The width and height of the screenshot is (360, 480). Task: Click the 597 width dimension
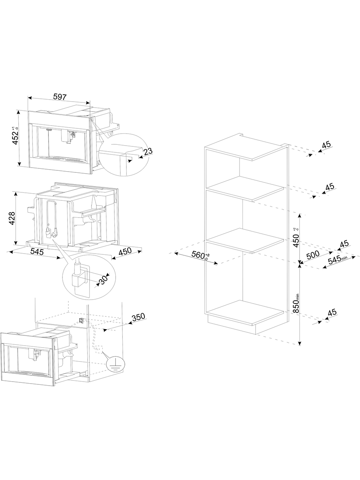[60, 97]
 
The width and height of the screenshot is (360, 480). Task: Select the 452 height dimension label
[16, 136]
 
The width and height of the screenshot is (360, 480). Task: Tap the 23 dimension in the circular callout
[148, 151]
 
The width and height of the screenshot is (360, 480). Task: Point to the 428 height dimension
[12, 218]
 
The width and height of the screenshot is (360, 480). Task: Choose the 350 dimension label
[138, 317]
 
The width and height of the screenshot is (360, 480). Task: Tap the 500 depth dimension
[313, 254]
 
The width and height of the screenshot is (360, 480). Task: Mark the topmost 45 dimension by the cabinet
[326, 144]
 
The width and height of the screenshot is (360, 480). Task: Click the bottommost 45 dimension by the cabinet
[332, 312]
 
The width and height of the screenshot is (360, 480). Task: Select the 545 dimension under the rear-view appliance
[37, 252]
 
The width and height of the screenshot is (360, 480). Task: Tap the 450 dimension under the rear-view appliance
[125, 251]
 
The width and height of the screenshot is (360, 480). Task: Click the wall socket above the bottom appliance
[81, 320]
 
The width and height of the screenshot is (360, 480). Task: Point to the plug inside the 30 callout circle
[77, 277]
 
